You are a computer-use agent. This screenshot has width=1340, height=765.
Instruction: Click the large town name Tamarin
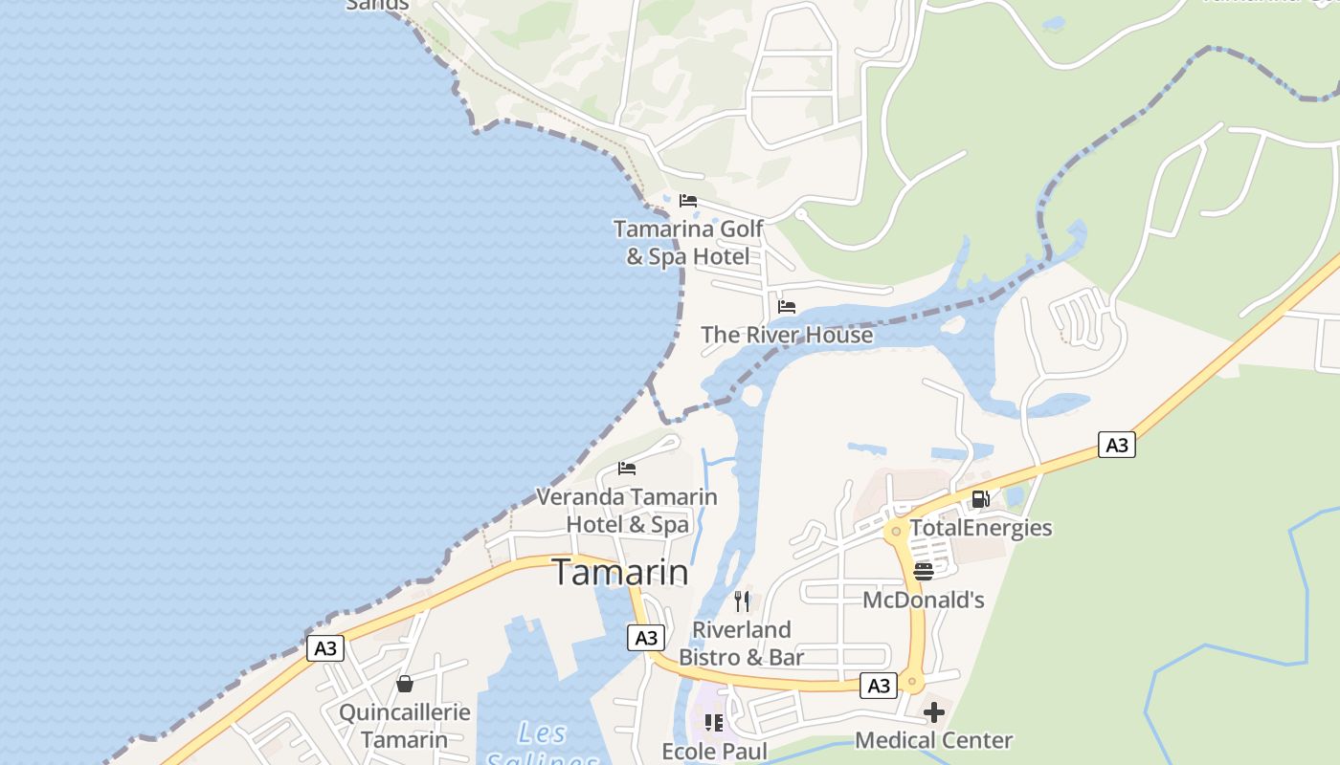pyautogui.click(x=620, y=572)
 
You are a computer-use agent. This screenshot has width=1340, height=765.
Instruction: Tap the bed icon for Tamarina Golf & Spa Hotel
pyautogui.click(x=687, y=201)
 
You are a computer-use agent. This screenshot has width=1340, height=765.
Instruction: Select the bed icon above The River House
pyautogui.click(x=787, y=307)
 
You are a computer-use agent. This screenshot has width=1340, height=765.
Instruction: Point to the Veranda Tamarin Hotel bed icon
pyautogui.click(x=627, y=469)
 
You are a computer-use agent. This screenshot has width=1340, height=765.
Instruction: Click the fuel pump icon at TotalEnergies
pyautogui.click(x=980, y=499)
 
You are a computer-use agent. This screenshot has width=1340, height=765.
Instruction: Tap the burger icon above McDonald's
pyautogui.click(x=924, y=572)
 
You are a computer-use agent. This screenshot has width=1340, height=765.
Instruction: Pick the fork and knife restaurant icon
pyautogui.click(x=742, y=601)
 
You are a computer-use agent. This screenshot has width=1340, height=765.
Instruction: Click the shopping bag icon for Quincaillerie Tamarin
pyautogui.click(x=405, y=684)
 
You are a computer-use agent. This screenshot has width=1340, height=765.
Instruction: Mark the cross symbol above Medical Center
pyautogui.click(x=934, y=712)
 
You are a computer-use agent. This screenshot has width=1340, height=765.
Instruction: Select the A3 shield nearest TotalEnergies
pyautogui.click(x=1116, y=445)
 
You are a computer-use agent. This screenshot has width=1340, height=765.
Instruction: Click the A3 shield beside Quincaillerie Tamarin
pyautogui.click(x=325, y=648)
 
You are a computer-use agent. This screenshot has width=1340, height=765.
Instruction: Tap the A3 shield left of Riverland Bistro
pyautogui.click(x=646, y=638)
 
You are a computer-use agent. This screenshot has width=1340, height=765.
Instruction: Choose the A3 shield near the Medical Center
pyautogui.click(x=879, y=686)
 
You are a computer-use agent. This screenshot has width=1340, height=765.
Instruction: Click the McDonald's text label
pyautogui.click(x=924, y=601)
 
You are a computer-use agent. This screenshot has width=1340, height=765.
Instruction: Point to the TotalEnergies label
pyautogui.click(x=980, y=528)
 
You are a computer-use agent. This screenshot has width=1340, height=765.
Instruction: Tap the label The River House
pyautogui.click(x=787, y=335)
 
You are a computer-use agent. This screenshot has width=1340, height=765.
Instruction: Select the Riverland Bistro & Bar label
pyautogui.click(x=742, y=644)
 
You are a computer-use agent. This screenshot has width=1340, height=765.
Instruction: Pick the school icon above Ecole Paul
pyautogui.click(x=714, y=723)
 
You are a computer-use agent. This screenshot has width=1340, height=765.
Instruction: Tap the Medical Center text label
pyautogui.click(x=933, y=740)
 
